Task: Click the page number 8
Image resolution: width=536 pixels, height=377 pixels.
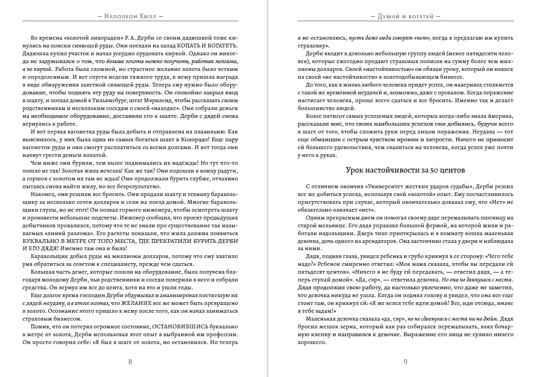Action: [130, 361]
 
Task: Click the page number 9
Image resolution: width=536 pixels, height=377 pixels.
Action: [405, 361]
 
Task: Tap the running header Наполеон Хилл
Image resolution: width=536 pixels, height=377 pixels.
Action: [130, 16]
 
